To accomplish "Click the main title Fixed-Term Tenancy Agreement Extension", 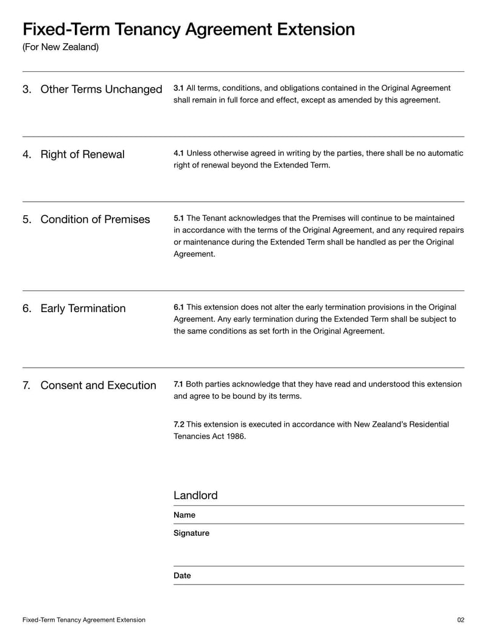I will click(x=188, y=29).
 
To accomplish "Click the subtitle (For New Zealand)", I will click(x=60, y=47).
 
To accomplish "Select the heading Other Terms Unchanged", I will click(x=101, y=90).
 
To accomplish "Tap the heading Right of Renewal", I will click(x=82, y=155).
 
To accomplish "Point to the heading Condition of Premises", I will click(x=95, y=219).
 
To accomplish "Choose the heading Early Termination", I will click(x=83, y=308).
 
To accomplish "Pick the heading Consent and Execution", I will click(x=98, y=385).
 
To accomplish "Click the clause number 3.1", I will click(x=179, y=88).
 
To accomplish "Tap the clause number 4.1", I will click(x=179, y=153).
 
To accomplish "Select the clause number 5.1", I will click(x=179, y=218).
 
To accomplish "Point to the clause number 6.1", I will click(x=179, y=307).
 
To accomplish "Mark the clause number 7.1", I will click(x=178, y=384).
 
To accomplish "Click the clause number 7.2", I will click(x=179, y=424).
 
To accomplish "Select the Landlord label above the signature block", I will click(x=195, y=496).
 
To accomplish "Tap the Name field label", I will click(x=184, y=515).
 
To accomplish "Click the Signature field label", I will click(x=191, y=533).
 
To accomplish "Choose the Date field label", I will click(x=182, y=576).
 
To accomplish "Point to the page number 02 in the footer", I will click(x=460, y=620).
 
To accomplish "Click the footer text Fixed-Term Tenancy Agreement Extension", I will click(x=84, y=620).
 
